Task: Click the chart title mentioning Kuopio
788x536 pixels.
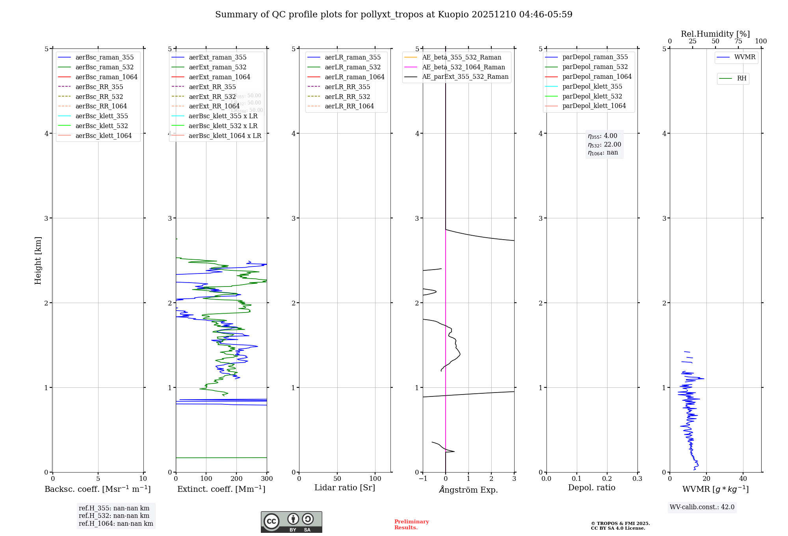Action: click(x=394, y=15)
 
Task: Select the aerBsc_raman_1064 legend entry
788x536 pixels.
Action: click(x=106, y=77)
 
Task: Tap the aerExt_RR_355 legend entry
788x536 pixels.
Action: click(x=212, y=87)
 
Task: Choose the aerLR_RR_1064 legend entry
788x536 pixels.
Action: click(x=349, y=106)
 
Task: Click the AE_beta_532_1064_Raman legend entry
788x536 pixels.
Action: click(x=463, y=67)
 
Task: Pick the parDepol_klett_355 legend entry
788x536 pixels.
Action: click(x=592, y=86)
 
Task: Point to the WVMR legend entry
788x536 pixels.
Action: click(x=745, y=57)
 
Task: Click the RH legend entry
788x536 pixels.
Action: click(x=742, y=78)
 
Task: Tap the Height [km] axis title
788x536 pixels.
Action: click(x=38, y=260)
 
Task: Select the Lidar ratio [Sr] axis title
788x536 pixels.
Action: click(x=345, y=488)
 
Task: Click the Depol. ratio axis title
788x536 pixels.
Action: click(x=591, y=488)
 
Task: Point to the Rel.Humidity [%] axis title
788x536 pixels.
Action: click(x=715, y=34)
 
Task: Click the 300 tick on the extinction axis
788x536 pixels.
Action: click(x=267, y=479)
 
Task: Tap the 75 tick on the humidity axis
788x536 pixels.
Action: click(x=738, y=41)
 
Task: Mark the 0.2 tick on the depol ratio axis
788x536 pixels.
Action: click(x=607, y=479)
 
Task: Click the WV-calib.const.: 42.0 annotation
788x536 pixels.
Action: click(x=702, y=507)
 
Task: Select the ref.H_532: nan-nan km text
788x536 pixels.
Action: click(x=114, y=516)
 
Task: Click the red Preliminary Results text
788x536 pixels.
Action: click(x=411, y=525)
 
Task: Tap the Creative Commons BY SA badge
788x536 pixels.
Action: click(x=291, y=522)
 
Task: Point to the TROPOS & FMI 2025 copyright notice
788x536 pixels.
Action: click(x=620, y=526)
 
